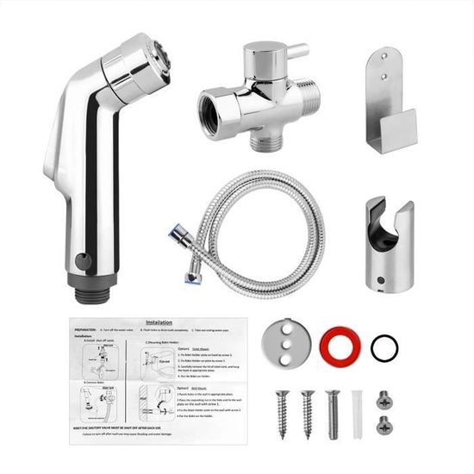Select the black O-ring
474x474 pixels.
coord(384,349)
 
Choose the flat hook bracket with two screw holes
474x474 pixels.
coord(388,95)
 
